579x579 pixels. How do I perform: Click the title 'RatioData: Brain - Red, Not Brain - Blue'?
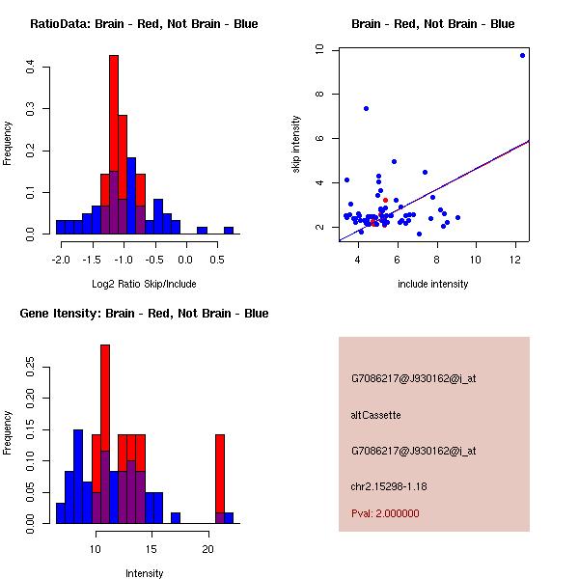pos(144,24)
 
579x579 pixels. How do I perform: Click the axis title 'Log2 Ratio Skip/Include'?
pos(144,284)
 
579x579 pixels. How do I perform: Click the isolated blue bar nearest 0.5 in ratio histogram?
pos(229,231)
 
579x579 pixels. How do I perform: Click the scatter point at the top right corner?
pos(522,55)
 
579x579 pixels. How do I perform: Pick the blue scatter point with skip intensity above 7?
pos(366,108)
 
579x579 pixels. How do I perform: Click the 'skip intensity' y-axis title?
pos(296,145)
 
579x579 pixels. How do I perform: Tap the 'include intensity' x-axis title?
pos(433,284)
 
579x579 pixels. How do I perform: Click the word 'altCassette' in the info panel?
pos(375,415)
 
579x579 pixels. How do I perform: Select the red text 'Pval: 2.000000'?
pos(385,513)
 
